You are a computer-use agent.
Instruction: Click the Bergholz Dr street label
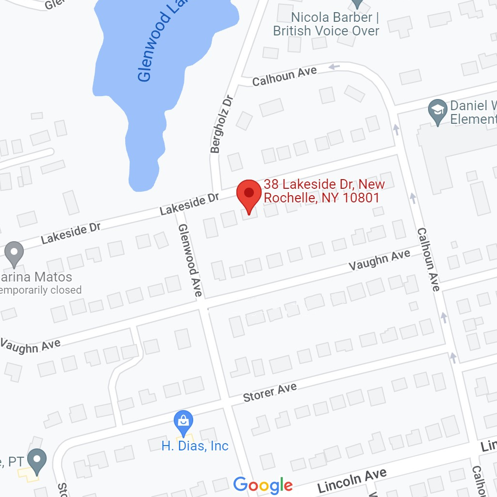pyautogui.click(x=222, y=124)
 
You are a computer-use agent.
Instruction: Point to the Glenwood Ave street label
pyautogui.click(x=189, y=260)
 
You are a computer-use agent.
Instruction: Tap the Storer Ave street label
pyautogui.click(x=270, y=392)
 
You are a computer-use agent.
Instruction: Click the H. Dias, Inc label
pyautogui.click(x=195, y=446)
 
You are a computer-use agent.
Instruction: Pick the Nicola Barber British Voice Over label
pyautogui.click(x=326, y=24)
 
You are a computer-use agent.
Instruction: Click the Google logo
pyautogui.click(x=263, y=485)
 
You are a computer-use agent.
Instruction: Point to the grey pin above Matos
pyautogui.click(x=14, y=253)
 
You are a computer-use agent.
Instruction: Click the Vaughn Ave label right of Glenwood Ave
pyautogui.click(x=380, y=260)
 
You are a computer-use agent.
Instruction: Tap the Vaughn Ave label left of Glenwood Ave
pyautogui.click(x=30, y=345)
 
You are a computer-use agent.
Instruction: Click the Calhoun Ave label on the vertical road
pyautogui.click(x=428, y=260)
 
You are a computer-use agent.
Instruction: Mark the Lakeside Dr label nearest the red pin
pyautogui.click(x=190, y=203)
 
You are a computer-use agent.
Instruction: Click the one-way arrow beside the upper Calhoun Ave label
pyautogui.click(x=334, y=66)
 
